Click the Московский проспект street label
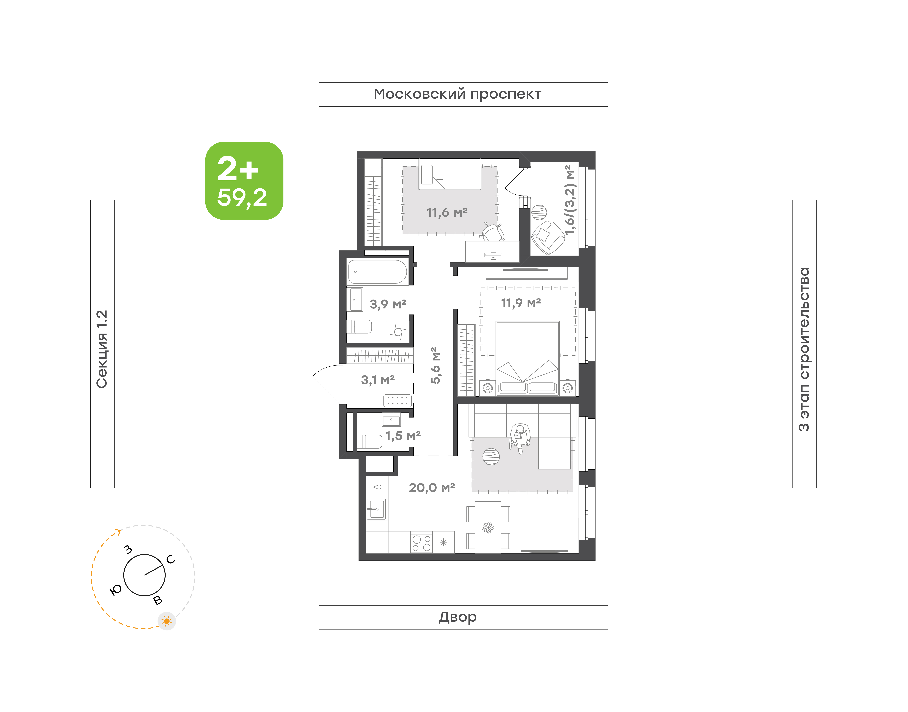[457, 94]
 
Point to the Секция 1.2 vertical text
[102, 349]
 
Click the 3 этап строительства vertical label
[804, 349]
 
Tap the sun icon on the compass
[167, 621]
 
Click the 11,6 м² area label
[447, 213]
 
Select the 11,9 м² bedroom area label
[521, 303]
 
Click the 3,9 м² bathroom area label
[388, 304]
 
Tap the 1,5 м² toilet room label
[403, 436]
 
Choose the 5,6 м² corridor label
[435, 365]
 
